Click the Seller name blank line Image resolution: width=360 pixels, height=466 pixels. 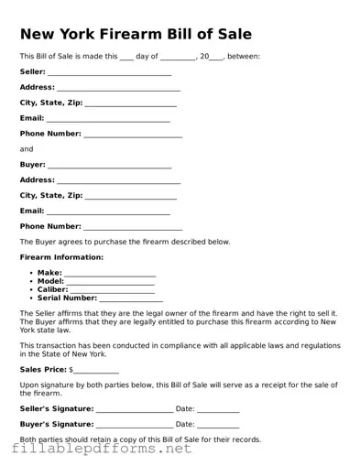click(x=109, y=73)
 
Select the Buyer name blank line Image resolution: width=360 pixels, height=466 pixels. click(x=109, y=167)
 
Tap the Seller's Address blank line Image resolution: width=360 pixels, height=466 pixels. click(x=118, y=90)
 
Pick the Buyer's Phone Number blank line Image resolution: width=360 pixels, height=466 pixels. click(x=133, y=228)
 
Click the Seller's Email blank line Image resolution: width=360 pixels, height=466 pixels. click(x=108, y=120)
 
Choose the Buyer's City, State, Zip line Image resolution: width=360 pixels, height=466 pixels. click(x=130, y=198)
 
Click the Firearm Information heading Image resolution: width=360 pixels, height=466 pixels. click(x=61, y=257)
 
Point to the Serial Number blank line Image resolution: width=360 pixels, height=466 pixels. click(x=131, y=299)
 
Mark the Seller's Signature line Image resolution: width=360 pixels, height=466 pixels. click(x=133, y=410)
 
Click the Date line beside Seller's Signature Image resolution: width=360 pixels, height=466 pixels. click(x=218, y=410)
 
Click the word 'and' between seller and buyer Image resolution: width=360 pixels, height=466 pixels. click(x=27, y=149)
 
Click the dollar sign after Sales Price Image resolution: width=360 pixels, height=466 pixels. click(x=71, y=370)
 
